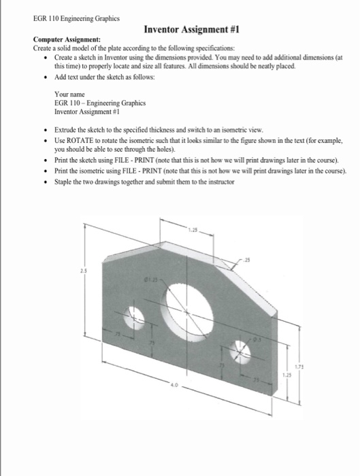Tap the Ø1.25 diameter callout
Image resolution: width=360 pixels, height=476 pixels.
[150, 279]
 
